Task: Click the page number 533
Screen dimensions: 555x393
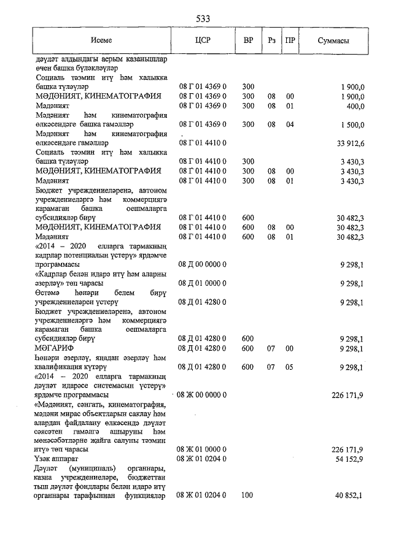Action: pos(203,19)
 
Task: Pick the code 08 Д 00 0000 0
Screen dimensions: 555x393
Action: pos(203,264)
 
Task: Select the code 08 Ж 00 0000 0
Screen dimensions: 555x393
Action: pos(203,396)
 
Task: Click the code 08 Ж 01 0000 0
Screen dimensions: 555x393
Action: pos(203,450)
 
